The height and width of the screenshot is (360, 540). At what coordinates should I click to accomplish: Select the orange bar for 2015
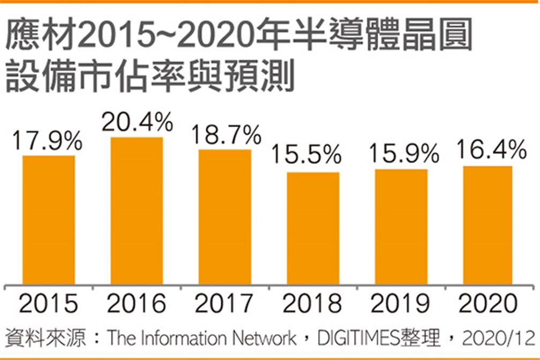(49, 220)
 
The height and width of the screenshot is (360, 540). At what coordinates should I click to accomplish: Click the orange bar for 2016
(137, 211)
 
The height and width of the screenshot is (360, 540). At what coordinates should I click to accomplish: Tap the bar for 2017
(224, 217)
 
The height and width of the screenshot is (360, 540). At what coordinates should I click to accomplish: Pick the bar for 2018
(313, 228)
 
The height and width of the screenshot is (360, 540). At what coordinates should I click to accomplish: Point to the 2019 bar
(401, 227)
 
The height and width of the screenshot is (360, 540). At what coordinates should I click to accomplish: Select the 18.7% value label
(224, 136)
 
